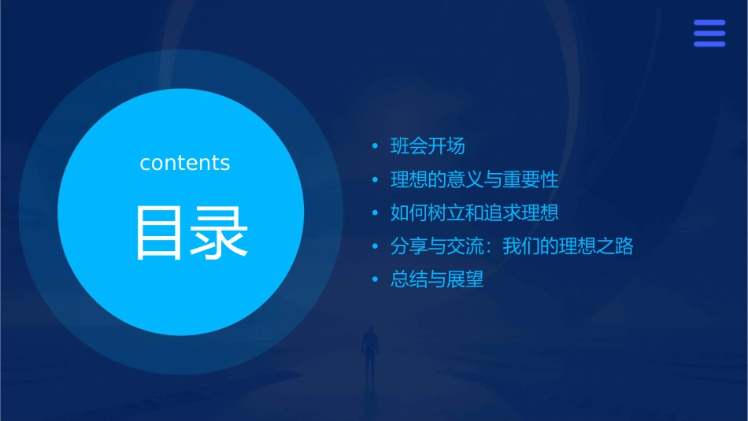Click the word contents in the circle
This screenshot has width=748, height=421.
click(x=185, y=163)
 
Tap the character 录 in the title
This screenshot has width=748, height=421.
click(x=218, y=233)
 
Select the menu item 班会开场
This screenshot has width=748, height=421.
click(x=428, y=146)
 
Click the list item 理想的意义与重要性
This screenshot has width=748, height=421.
click(x=474, y=179)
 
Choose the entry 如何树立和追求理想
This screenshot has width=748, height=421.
click(x=474, y=213)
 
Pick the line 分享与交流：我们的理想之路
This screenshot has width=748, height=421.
click(x=512, y=246)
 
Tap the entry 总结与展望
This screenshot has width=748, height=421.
click(x=437, y=280)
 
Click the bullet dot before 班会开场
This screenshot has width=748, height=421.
click(x=376, y=146)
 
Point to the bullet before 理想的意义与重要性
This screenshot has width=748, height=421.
click(x=376, y=179)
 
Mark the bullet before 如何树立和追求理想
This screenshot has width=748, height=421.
click(x=376, y=213)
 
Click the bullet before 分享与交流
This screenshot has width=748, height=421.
click(x=376, y=246)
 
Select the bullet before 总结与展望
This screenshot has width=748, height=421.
click(x=376, y=280)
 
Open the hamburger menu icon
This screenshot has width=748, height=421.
click(x=709, y=33)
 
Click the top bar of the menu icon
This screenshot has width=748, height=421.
click(x=709, y=23)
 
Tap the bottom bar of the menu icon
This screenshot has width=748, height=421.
click(x=709, y=44)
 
